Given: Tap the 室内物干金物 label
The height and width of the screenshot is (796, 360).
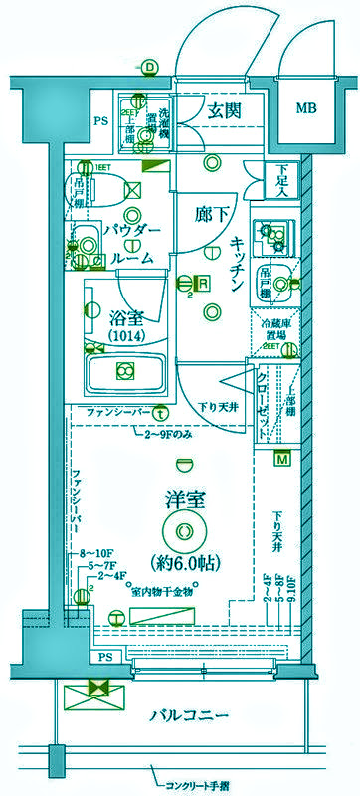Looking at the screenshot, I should point(160,591).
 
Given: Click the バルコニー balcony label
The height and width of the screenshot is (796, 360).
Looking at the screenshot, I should point(190,716).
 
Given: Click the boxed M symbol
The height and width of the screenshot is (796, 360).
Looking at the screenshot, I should point(282,459).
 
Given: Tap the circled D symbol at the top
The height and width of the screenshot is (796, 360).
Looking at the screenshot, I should point(148,68).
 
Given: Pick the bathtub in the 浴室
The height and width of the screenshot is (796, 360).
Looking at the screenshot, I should point(125,373).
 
